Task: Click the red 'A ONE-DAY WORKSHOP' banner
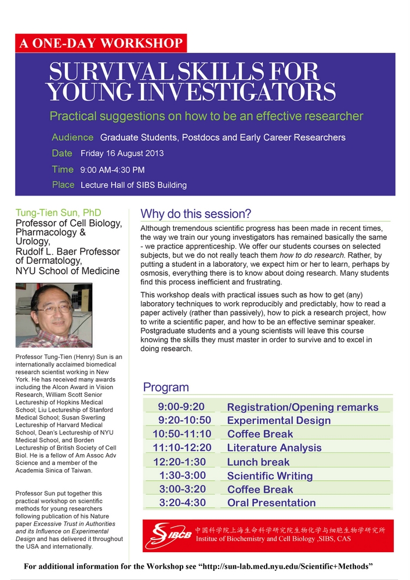pos(101,43)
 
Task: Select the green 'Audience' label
pos(72,137)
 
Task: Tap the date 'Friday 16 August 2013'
pos(122,154)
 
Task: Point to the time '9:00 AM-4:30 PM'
pos(113,170)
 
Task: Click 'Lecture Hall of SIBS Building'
pos(133,185)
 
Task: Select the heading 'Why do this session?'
pos(195,213)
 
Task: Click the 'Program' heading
pos(166,387)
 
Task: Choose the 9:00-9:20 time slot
pos(181,407)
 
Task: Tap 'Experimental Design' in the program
pos(278,420)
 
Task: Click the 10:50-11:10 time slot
pos(182,434)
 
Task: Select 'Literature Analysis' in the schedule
pos(274,448)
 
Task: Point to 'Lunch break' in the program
pos(258,462)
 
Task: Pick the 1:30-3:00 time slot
pos(182,476)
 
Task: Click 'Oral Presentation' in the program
pos(271,503)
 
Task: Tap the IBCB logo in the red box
pos(168,535)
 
